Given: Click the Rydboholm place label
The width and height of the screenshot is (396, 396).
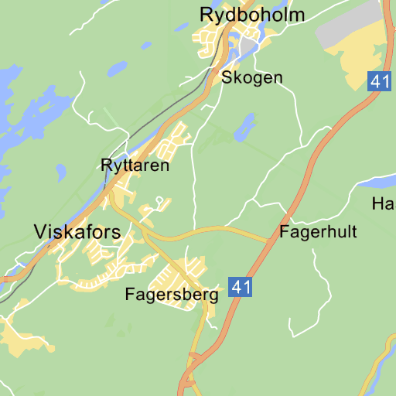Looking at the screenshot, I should pos(252,15).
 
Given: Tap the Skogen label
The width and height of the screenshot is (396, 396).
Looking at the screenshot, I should pos(252,77).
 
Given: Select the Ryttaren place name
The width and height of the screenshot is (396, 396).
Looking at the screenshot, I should pos(135,165).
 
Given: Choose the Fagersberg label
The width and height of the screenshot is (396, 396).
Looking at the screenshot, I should pos(172,295).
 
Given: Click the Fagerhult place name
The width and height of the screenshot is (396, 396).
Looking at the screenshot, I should pos(319,231).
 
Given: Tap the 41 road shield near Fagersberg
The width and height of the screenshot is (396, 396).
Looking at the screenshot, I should pos(241,287).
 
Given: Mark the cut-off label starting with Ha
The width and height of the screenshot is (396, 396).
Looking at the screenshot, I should pos(383,204).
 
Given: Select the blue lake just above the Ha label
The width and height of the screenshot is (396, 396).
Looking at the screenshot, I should pos(379,183).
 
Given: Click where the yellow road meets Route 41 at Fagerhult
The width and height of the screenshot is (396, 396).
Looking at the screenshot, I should pos(270,241).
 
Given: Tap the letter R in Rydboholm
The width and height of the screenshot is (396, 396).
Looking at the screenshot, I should pos(207,15).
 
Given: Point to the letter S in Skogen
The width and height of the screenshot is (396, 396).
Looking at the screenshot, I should pos(227,77).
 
